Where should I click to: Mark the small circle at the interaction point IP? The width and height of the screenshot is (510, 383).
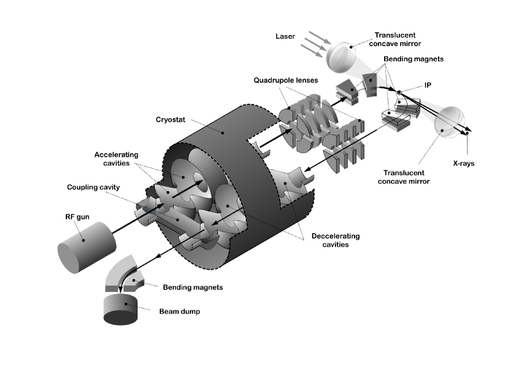399,93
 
